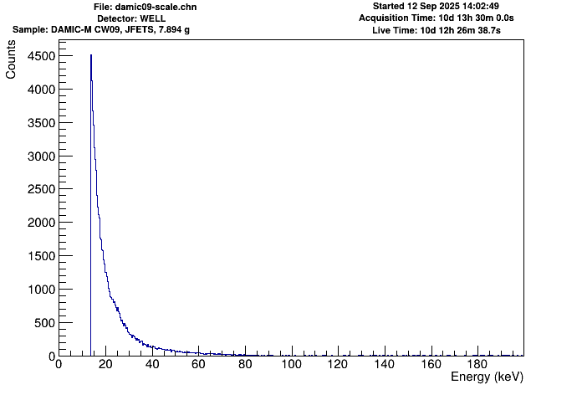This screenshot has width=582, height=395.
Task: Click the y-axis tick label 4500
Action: click(37, 56)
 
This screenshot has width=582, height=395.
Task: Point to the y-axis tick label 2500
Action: click(37, 190)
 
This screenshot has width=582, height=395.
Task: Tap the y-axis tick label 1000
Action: click(37, 290)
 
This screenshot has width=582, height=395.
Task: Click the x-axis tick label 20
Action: click(105, 365)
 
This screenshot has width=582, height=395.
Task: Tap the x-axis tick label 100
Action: click(291, 365)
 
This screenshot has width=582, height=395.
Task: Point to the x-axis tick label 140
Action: click(384, 365)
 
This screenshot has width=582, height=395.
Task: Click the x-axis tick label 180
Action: click(477, 365)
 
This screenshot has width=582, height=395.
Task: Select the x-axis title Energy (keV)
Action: click(487, 378)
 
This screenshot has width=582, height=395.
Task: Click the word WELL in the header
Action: click(159, 18)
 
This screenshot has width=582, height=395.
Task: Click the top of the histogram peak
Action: click(91, 55)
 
